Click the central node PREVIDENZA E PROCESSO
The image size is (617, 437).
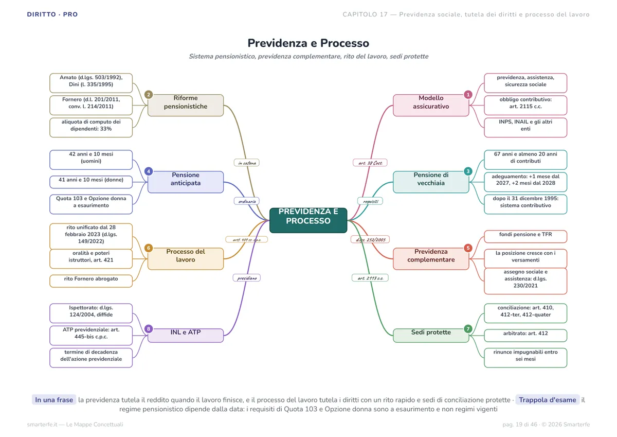point(308,220)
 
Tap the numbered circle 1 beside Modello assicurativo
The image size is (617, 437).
point(468,95)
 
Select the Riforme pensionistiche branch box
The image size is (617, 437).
point(186,106)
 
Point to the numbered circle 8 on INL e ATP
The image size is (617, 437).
point(149,328)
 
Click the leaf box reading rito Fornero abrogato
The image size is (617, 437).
point(91,281)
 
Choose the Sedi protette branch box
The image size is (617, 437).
point(431,336)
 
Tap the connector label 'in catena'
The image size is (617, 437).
point(246,163)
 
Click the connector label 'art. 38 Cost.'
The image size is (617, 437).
point(370,163)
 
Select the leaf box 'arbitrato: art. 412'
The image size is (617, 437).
point(525,336)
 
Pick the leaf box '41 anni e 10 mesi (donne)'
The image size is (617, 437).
point(91,182)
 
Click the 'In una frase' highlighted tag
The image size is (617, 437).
point(54,400)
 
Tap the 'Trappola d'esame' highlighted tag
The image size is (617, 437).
point(547,400)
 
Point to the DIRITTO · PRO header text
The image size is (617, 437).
point(52,14)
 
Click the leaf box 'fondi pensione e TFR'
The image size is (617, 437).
point(525,237)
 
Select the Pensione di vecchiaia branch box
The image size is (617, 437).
point(431,182)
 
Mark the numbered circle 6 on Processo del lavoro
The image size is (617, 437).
point(149,248)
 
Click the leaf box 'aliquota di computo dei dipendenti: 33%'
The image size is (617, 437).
point(91,127)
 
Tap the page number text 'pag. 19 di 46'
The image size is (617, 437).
point(520,424)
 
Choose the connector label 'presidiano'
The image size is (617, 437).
point(246,278)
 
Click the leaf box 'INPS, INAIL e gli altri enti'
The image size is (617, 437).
point(525,127)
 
